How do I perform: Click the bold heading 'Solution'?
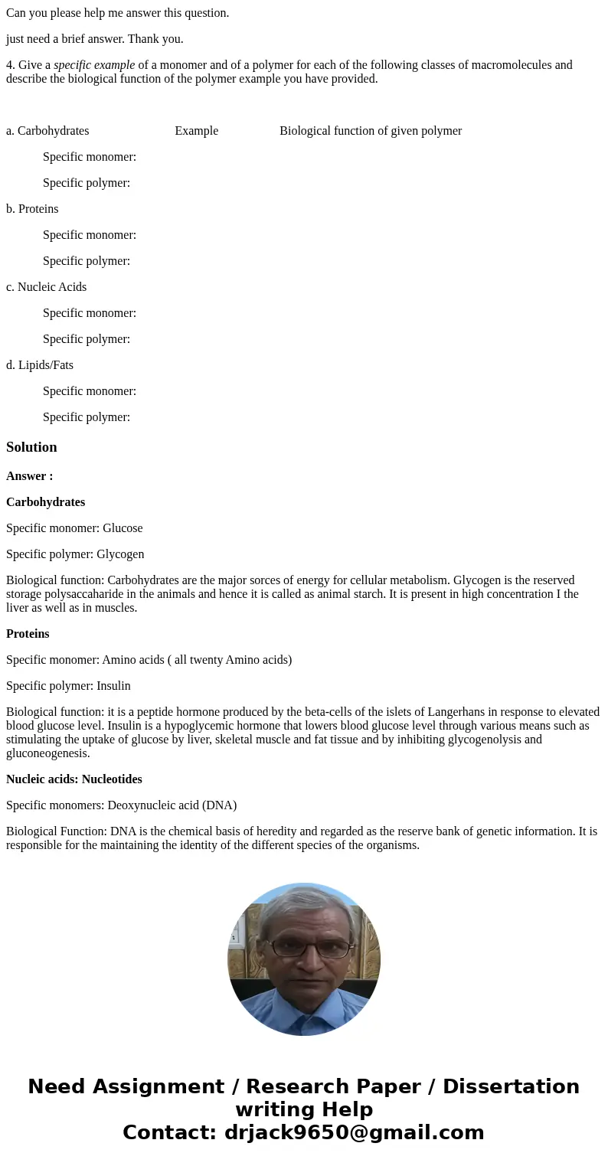point(31,447)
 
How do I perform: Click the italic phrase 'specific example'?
point(94,65)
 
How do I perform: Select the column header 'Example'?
point(196,131)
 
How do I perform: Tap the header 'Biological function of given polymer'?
point(371,131)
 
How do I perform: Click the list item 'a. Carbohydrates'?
point(47,131)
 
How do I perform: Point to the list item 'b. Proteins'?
point(32,209)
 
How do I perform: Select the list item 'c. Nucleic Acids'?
point(46,287)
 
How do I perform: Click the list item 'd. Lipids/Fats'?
point(40,365)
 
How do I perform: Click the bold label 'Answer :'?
point(30,476)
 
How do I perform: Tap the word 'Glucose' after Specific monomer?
point(123,528)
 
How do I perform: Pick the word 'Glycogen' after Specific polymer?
point(120,554)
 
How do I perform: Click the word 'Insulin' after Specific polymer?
point(113,686)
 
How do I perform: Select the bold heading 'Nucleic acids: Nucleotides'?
point(74,779)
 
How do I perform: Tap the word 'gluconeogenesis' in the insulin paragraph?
point(45,753)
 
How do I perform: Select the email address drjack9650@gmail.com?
point(354,1133)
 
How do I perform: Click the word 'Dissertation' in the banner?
point(511,1087)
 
